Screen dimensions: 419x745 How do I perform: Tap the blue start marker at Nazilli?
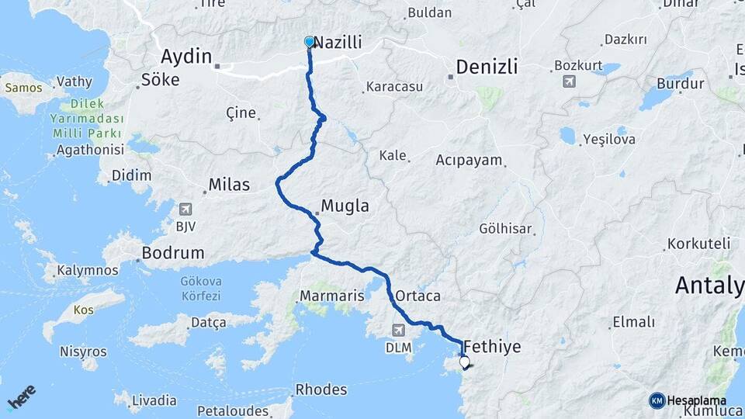point(310,41)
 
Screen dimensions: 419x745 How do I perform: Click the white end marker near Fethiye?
point(465,362)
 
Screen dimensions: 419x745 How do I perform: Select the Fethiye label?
point(491,346)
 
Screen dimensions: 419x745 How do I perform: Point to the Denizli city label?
point(487,67)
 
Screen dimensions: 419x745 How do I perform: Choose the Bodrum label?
point(173,253)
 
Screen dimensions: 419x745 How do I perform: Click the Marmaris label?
point(331,296)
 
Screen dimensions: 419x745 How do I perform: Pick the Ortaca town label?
point(418,296)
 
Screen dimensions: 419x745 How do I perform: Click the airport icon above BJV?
point(185,209)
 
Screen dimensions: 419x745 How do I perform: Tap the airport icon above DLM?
point(398,331)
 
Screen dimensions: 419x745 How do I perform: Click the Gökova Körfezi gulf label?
point(200,288)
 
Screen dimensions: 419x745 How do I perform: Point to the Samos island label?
point(24,87)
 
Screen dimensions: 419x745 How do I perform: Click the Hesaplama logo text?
point(696,400)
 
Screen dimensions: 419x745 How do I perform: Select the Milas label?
point(229,185)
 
